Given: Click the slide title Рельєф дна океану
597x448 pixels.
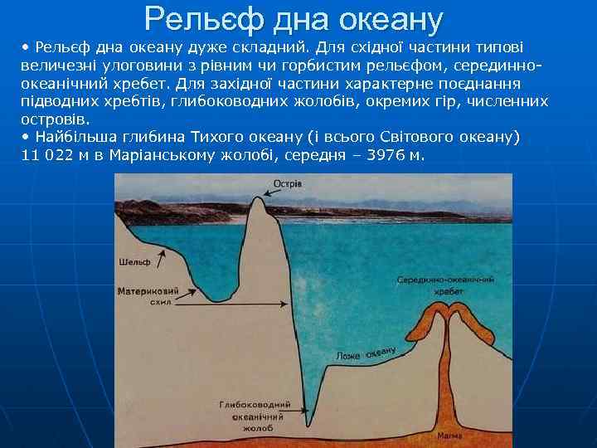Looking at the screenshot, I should pyautogui.click(x=294, y=17).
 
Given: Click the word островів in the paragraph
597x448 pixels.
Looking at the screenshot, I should pyautogui.click(x=55, y=119).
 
